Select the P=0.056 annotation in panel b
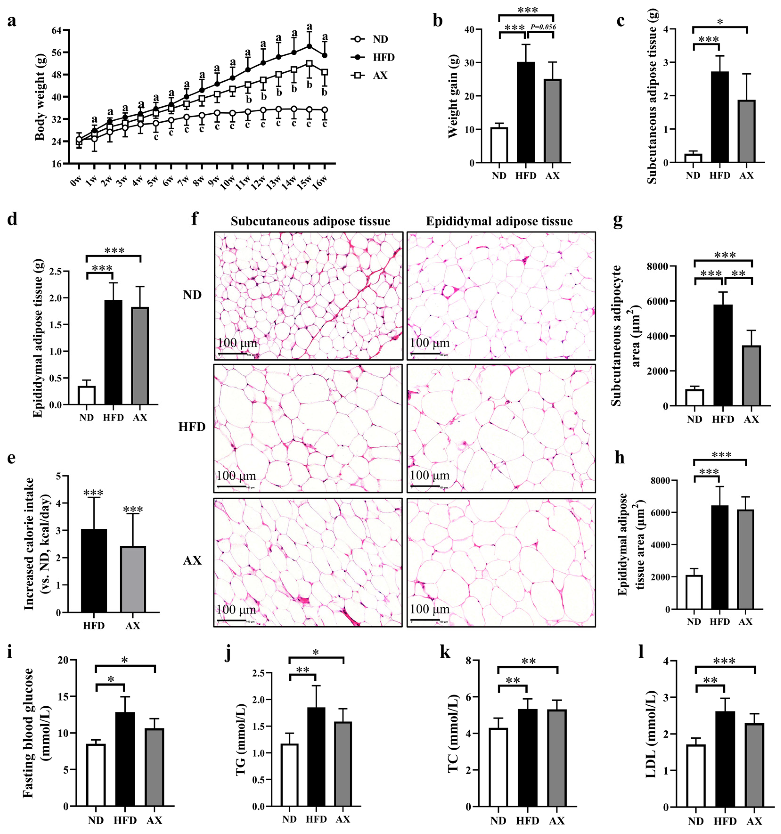click(x=543, y=27)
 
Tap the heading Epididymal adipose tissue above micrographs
click(x=499, y=221)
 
